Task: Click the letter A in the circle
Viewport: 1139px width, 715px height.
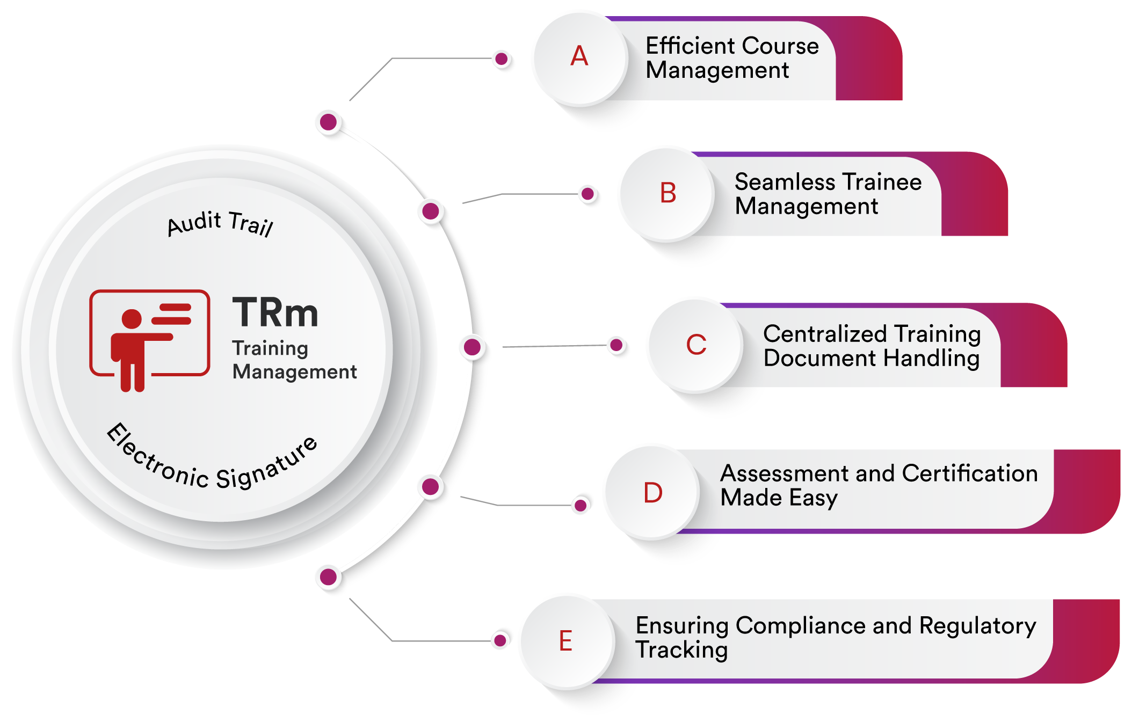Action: (x=579, y=56)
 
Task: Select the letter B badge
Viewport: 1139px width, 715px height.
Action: (x=668, y=193)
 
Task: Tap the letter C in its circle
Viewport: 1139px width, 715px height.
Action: (x=696, y=345)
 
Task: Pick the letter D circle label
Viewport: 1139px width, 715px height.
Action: (x=652, y=493)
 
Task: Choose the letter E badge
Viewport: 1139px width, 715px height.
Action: (x=565, y=641)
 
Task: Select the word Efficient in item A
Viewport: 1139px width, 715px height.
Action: (x=684, y=46)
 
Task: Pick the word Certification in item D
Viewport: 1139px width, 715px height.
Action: (x=969, y=473)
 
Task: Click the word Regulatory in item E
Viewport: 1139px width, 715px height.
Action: (x=977, y=626)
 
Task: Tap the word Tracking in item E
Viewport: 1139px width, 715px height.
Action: (x=681, y=650)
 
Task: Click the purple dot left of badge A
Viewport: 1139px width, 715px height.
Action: (x=502, y=59)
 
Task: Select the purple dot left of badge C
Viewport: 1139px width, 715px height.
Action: (x=616, y=345)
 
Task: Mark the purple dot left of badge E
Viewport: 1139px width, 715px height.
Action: (x=500, y=640)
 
